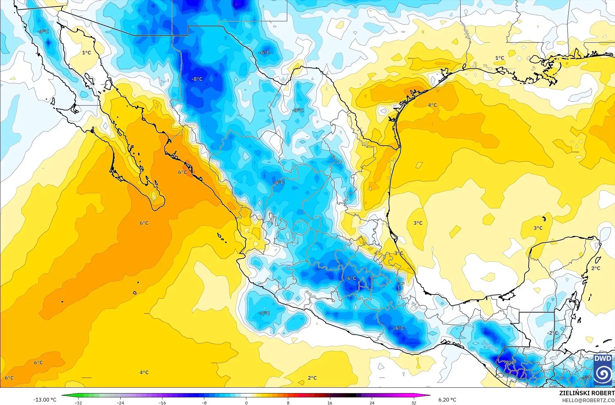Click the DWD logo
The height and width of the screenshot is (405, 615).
click(603, 370)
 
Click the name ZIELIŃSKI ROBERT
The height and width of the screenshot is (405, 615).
click(587, 393)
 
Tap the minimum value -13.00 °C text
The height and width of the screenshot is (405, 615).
click(45, 399)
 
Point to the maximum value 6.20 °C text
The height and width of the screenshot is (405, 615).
click(447, 400)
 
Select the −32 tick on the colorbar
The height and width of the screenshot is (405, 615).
click(78, 402)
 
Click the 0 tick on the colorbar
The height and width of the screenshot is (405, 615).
click(246, 402)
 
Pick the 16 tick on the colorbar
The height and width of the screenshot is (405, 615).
click(330, 402)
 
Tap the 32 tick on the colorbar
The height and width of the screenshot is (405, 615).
click(414, 402)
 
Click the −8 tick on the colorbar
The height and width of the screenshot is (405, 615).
click(204, 402)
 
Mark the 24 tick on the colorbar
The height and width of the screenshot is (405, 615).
click(372, 402)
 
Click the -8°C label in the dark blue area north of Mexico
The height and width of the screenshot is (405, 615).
click(197, 79)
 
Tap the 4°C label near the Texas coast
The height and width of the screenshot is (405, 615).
click(432, 105)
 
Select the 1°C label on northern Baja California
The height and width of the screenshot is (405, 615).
click(86, 53)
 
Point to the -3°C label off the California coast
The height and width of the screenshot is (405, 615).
click(43, 31)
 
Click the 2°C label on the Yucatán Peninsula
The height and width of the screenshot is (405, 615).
click(596, 268)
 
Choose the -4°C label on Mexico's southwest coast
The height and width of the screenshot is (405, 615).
click(264, 313)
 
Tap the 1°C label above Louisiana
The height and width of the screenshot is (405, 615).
click(499, 58)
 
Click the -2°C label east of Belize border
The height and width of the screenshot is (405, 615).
click(552, 333)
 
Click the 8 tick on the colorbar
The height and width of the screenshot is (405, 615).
click(288, 402)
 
